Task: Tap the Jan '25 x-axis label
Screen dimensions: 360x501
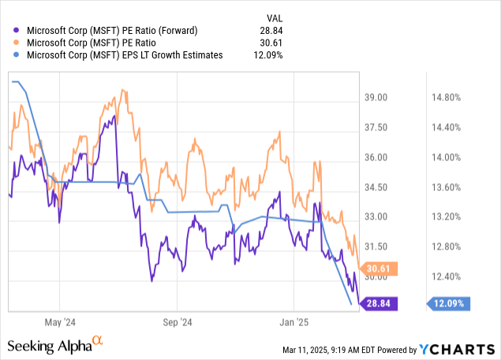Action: [293, 322]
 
